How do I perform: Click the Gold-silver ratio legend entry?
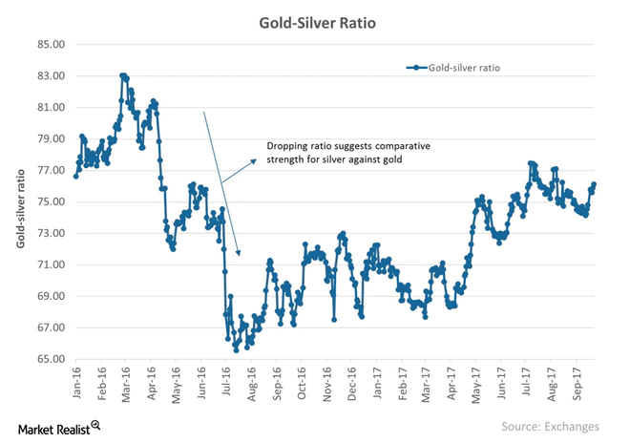tap(454, 68)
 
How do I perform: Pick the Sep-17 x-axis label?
tap(574, 380)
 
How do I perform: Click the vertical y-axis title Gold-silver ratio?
tap(21, 201)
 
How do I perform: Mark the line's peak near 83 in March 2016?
tap(123, 75)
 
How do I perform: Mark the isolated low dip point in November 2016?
tap(333, 320)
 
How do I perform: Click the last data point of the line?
tap(594, 184)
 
